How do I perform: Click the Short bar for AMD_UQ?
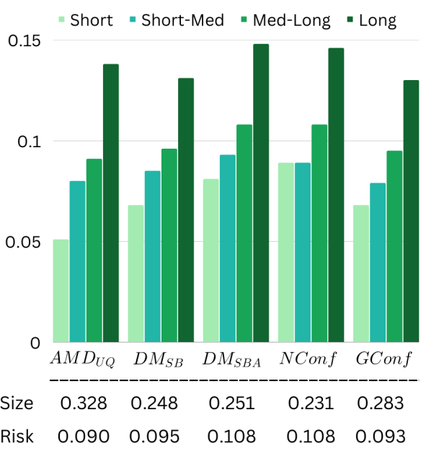coord(61,291)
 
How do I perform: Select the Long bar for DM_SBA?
coord(261,193)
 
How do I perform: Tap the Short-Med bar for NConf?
coord(303,253)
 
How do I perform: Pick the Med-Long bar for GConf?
coord(394,247)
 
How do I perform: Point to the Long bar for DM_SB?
coord(186,210)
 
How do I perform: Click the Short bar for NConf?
coord(286,253)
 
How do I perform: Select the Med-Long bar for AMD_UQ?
coord(94,250)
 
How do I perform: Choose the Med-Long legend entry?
coord(285,21)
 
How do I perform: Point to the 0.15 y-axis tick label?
coord(25,41)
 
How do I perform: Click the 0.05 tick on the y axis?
coord(23,242)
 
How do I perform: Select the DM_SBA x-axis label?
coord(232,360)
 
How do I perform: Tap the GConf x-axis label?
coord(383,359)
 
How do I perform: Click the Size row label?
coord(17,403)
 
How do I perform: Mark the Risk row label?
coord(17,436)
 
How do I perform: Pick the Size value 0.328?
coord(84,403)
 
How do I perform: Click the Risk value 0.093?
coord(381,437)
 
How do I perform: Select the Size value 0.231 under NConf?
coord(311,403)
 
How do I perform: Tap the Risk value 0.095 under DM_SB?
coord(154,437)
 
